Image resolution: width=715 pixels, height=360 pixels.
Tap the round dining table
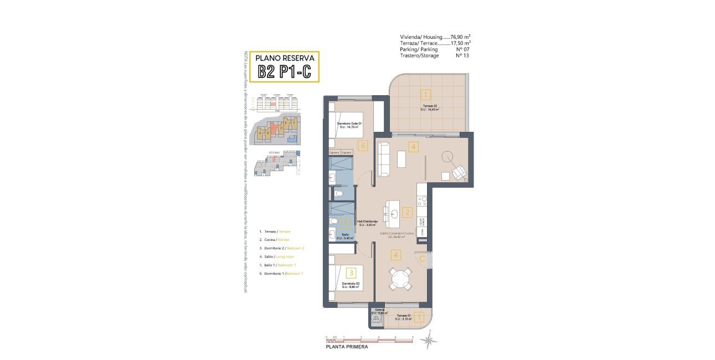coord(399,278)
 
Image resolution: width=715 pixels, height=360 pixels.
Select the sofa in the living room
coord(383,160)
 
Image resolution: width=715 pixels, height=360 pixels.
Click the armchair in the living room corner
coord(460,173)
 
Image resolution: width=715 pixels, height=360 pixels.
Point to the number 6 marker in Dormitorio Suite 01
coord(363,146)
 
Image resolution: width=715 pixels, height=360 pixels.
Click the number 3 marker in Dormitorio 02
coord(351,272)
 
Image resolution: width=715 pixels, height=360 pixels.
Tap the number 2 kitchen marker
coord(408,212)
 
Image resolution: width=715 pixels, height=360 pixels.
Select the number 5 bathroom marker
coord(346,223)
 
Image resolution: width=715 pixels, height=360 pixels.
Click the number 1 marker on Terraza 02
coord(425,94)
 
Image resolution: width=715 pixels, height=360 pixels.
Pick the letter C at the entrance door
coord(422,258)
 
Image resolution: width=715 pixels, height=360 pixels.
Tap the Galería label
coord(379,310)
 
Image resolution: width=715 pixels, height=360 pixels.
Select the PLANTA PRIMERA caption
coord(346,347)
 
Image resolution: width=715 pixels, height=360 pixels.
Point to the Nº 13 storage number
coord(462,55)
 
